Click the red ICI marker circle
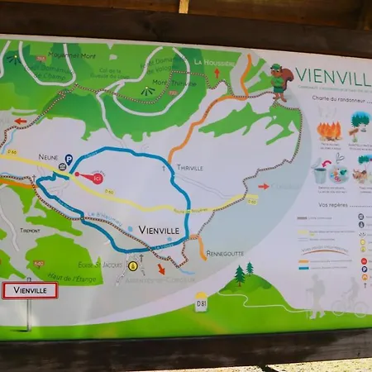pos(98,178)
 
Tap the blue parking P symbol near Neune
pos(69,160)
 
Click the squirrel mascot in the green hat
pos(281,81)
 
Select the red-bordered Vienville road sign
pos(30,291)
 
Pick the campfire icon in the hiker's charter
pos(330,130)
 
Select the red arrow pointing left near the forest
pos(21,121)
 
